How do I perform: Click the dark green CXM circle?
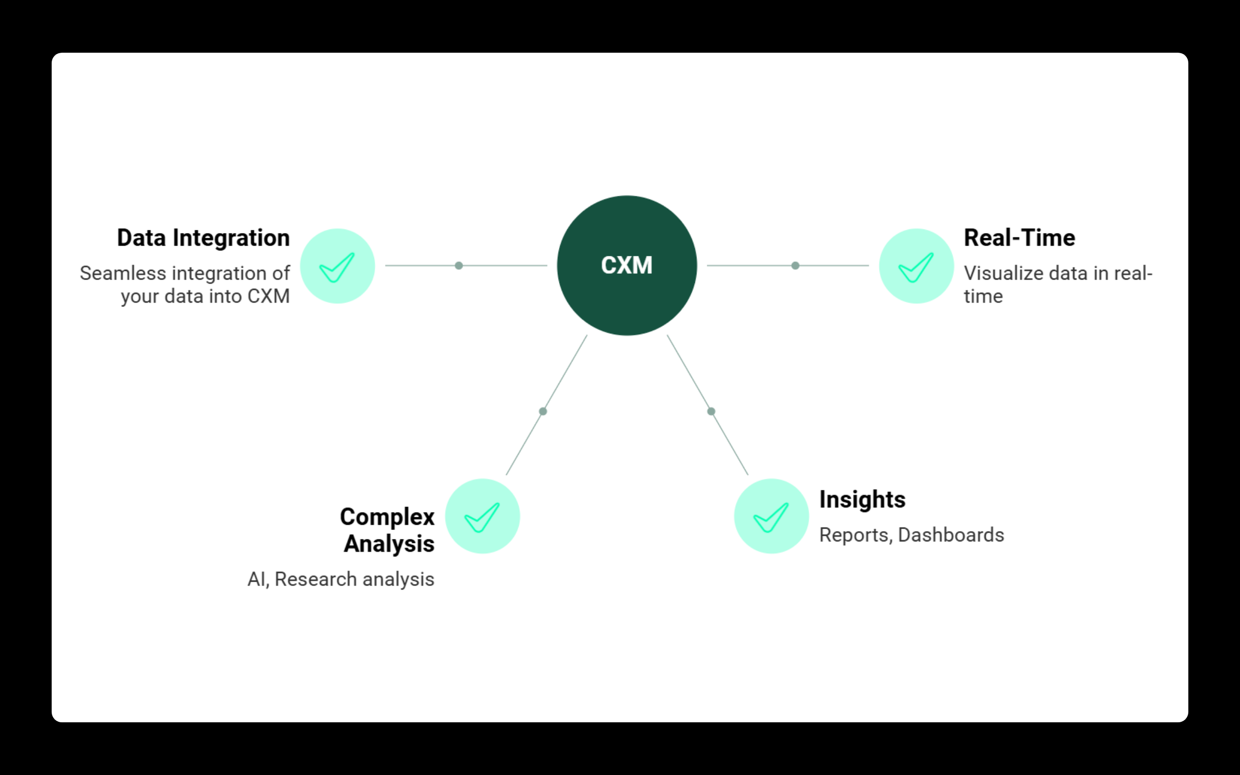627,266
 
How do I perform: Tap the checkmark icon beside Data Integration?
337,266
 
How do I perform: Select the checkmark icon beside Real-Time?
916,266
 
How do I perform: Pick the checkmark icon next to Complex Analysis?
482,516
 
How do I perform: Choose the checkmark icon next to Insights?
771,516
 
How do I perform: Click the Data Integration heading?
203,238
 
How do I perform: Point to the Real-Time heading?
1019,238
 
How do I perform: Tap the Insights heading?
862,500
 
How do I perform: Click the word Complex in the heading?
387,517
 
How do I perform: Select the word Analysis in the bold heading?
389,544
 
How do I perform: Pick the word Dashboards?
951,535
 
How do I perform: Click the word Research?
316,580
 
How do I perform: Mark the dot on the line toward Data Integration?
459,266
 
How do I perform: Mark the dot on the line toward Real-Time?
796,266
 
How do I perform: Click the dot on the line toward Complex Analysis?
542,411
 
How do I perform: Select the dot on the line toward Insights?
711,411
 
